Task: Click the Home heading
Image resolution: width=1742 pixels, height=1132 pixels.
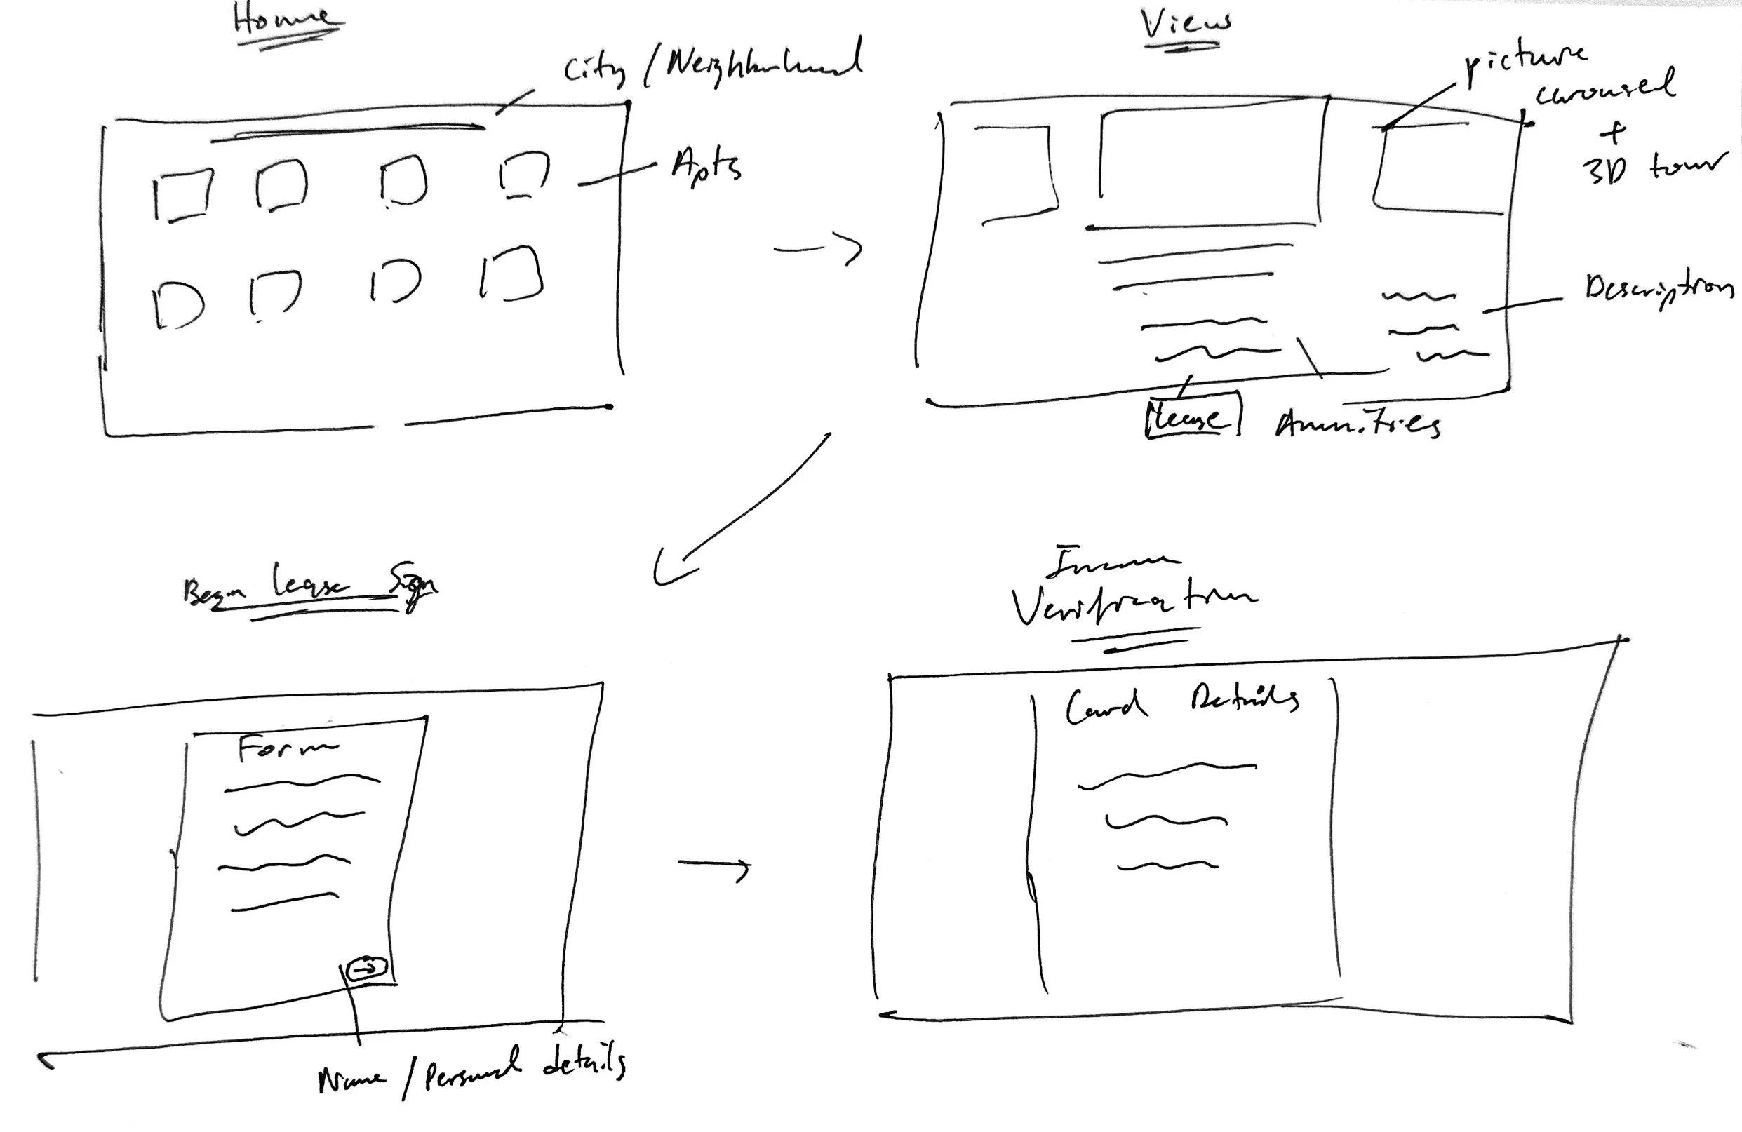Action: coord(284,20)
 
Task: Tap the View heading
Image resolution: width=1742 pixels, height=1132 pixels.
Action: coord(1184,23)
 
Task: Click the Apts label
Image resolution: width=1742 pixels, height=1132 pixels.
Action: coord(706,166)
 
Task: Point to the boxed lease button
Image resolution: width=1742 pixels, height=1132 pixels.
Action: coord(1191,417)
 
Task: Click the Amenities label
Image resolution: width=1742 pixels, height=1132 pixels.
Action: coord(1358,423)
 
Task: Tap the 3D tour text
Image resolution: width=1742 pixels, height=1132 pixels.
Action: coord(1651,169)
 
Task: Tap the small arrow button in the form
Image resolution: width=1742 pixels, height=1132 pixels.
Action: coord(366,968)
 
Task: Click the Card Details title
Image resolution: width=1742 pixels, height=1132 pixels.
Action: coord(1180,703)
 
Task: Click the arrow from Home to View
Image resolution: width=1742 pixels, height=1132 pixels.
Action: coord(818,249)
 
